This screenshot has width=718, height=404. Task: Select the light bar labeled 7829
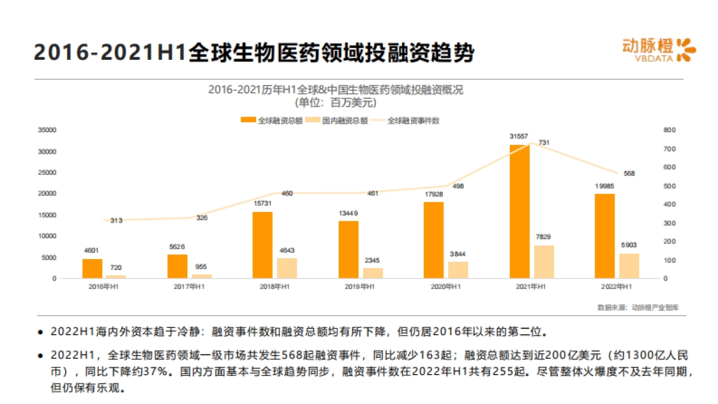tap(544, 262)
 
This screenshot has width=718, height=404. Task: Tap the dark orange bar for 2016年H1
tap(92, 269)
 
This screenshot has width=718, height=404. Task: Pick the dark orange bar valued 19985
tap(604, 236)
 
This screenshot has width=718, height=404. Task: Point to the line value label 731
tap(544, 142)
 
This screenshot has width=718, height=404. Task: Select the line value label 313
tap(116, 220)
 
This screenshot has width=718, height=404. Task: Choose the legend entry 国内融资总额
tap(337, 120)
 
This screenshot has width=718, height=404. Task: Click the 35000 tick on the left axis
tap(47, 130)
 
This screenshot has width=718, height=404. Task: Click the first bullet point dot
tap(41, 332)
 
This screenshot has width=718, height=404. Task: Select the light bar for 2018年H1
tap(287, 268)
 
